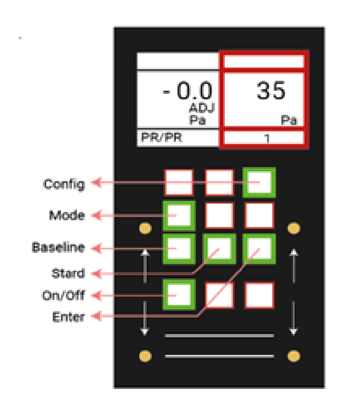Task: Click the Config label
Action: pos(64,184)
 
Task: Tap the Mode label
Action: pos(68,215)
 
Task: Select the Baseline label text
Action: pos(58,248)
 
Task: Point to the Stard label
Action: pos(68,274)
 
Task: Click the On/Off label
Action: pos(63,296)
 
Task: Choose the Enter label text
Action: pos(68,317)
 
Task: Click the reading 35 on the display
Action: pos(271,91)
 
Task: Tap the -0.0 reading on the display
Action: pos(187,91)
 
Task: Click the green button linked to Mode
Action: pos(179,215)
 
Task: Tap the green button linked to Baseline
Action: pos(179,248)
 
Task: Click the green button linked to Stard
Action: pos(219,248)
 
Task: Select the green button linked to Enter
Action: pos(259,248)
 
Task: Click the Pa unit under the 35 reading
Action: pos(289,120)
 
